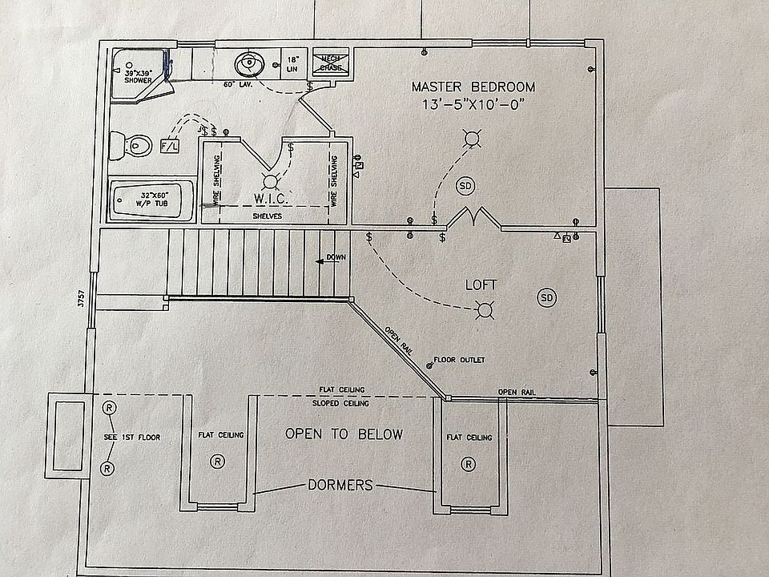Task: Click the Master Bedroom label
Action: click(x=473, y=87)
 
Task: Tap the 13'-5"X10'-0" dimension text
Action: click(x=473, y=105)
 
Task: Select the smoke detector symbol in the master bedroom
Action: click(x=465, y=186)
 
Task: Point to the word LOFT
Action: click(x=481, y=284)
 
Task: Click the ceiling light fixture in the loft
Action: click(x=483, y=309)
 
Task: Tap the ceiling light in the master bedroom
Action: click(x=473, y=141)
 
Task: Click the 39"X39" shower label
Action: click(x=139, y=75)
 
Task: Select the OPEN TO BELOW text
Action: click(x=344, y=434)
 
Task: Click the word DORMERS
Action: click(x=340, y=485)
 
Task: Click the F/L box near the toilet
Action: click(x=170, y=147)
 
